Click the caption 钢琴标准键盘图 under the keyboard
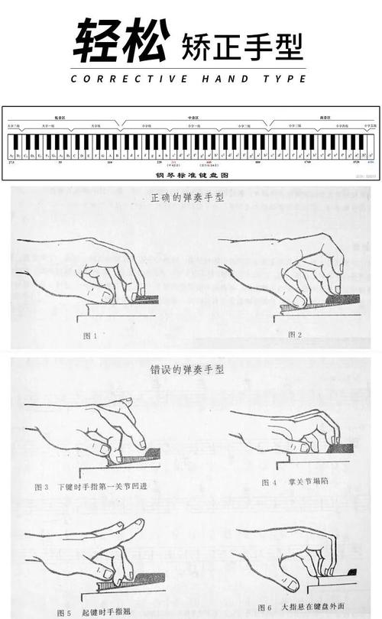pyautogui.click(x=191, y=175)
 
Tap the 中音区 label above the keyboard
pyautogui.click(x=194, y=118)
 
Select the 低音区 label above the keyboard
pyautogui.click(x=58, y=118)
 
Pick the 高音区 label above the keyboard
pyautogui.click(x=325, y=118)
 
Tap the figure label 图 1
pyautogui.click(x=90, y=335)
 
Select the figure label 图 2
pyautogui.click(x=295, y=335)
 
